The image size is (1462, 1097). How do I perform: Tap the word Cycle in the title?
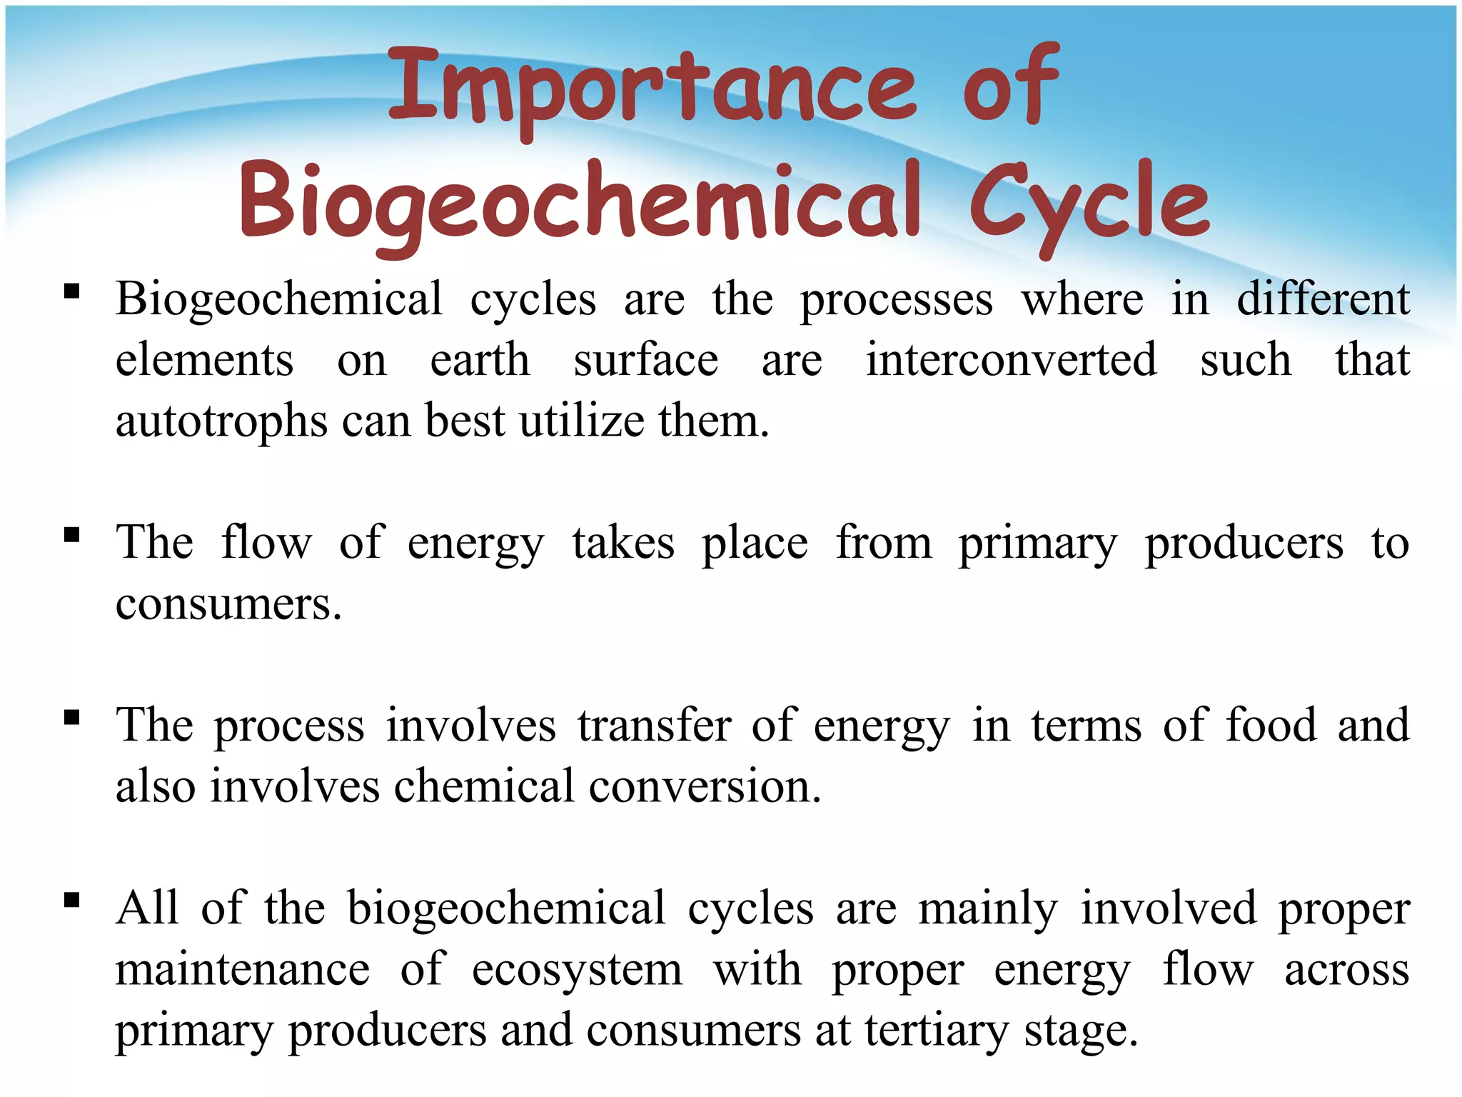tap(1088, 204)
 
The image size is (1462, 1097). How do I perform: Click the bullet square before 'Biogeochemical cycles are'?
tap(71, 291)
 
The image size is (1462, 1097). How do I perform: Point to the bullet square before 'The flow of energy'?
tap(71, 535)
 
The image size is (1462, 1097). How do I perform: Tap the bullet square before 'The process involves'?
tap(71, 718)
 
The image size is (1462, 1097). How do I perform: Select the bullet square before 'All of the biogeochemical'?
tap(71, 901)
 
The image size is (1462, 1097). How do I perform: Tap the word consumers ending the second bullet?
tap(228, 604)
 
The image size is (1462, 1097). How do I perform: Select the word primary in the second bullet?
tap(1037, 544)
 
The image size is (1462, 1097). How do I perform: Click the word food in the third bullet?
tap(1271, 725)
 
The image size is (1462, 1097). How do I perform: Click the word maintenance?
tap(243, 970)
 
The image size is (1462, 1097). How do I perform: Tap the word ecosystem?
tap(577, 971)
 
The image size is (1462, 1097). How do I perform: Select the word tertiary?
tap(937, 1032)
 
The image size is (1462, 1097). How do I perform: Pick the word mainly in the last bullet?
tap(987, 910)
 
